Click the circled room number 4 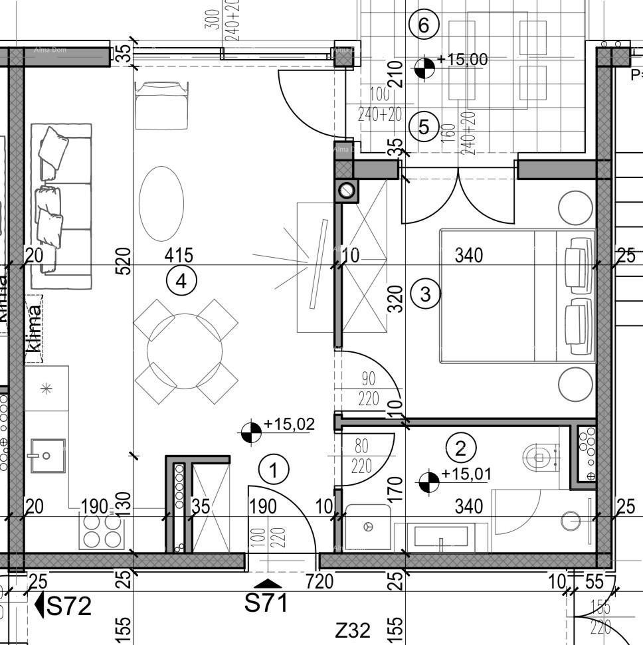pos(181,282)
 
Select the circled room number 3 pos(425,293)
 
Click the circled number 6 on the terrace pos(424,25)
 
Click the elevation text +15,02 pos(289,423)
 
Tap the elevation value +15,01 pos(466,474)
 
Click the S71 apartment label pos(267,604)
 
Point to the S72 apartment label pos(69,606)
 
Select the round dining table pos(185,351)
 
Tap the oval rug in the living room pos(161,203)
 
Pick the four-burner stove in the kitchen pos(102,529)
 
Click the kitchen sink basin pos(46,455)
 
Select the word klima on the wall pos(34,327)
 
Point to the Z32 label pos(352,629)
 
